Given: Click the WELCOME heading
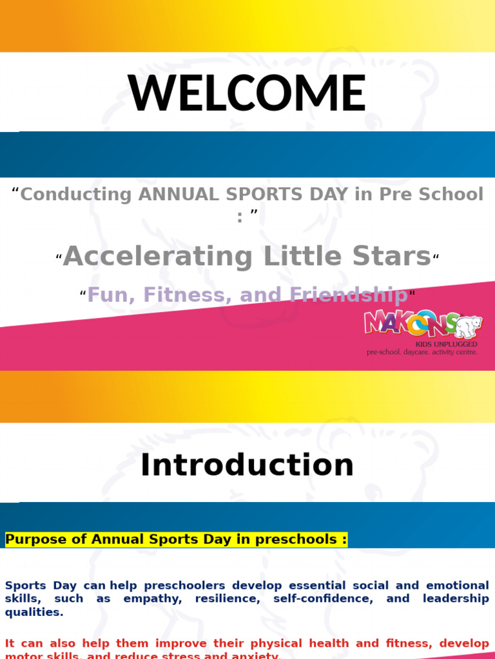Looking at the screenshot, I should [247, 93].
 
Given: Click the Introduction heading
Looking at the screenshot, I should [247, 465].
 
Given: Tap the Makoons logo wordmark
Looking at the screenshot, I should [410, 323].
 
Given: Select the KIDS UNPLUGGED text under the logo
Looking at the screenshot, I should [446, 344].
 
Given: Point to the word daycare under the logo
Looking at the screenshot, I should [422, 352].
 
